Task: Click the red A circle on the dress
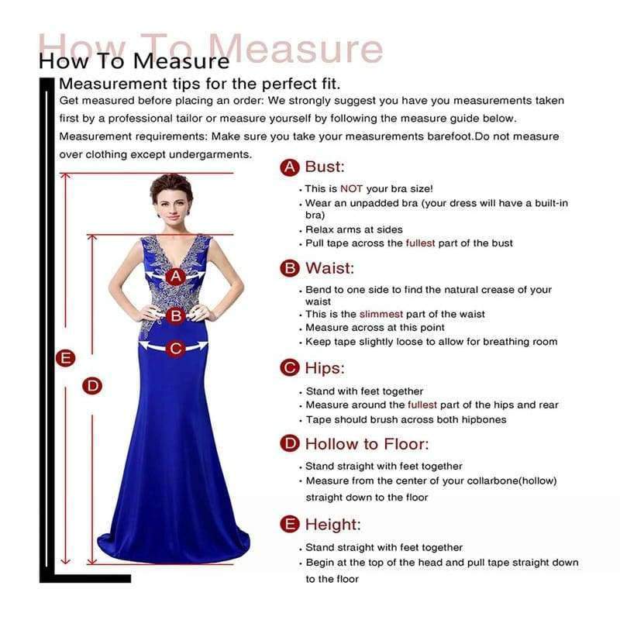(176, 276)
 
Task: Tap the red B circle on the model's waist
(176, 315)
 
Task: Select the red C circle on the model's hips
(176, 349)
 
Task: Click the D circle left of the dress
(93, 385)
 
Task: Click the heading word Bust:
(325, 167)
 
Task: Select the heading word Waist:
(329, 268)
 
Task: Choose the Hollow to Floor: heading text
(367, 444)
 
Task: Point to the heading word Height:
(332, 525)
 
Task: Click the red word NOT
(351, 188)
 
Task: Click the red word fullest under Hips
(422, 405)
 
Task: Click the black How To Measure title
(134, 60)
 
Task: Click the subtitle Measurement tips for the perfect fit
(200, 84)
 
